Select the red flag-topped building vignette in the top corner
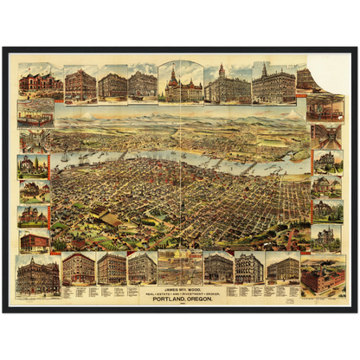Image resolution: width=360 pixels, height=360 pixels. click(41, 84)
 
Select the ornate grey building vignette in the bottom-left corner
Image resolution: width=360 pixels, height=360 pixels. click(38, 275)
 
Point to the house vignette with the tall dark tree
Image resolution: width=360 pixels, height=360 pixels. click(33, 191)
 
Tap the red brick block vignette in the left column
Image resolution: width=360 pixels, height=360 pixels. click(34, 241)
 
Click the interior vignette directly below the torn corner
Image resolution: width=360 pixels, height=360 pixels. click(326, 107)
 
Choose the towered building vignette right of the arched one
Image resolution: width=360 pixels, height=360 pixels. click(227, 84)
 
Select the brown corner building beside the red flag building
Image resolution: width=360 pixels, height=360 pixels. click(80, 84)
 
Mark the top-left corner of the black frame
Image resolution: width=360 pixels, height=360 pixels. click(3, 47)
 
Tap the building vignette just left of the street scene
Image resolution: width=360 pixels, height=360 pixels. click(142, 267)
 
